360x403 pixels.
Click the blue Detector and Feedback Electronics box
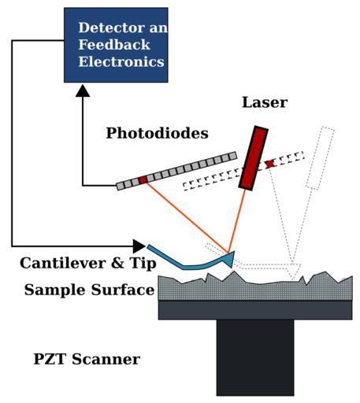coord(116,45)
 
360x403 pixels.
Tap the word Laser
coord(265,102)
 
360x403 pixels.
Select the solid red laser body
coord(253,158)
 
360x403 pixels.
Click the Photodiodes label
coord(157,133)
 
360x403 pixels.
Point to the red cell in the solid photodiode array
coord(143,179)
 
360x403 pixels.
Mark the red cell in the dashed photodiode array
coord(269,164)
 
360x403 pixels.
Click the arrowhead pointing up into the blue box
coord(83,91)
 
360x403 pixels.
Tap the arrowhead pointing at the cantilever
coord(139,246)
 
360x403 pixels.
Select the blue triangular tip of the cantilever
coord(228,259)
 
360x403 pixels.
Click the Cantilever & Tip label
coord(88,263)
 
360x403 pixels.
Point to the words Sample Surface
coord(89,290)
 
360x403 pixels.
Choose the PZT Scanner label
coord(87,359)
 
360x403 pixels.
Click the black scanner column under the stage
coord(255,357)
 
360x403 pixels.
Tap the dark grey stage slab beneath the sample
coord(255,310)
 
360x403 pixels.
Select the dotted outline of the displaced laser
coord(320,158)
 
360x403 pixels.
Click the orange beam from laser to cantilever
coord(237,220)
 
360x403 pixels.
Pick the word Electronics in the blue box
coord(121,62)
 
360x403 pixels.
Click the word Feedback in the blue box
coord(114,45)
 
